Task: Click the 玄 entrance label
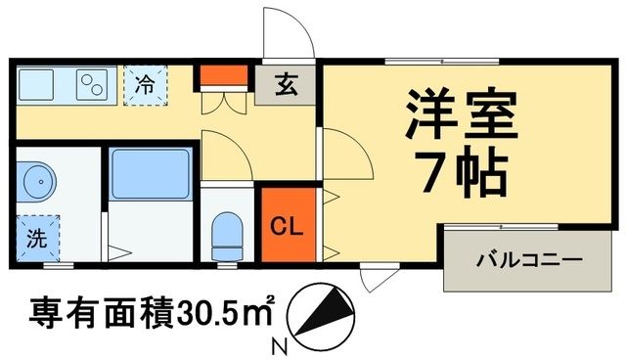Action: (x=286, y=85)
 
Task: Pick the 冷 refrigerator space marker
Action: (x=144, y=85)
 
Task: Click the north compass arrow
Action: (x=324, y=312)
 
